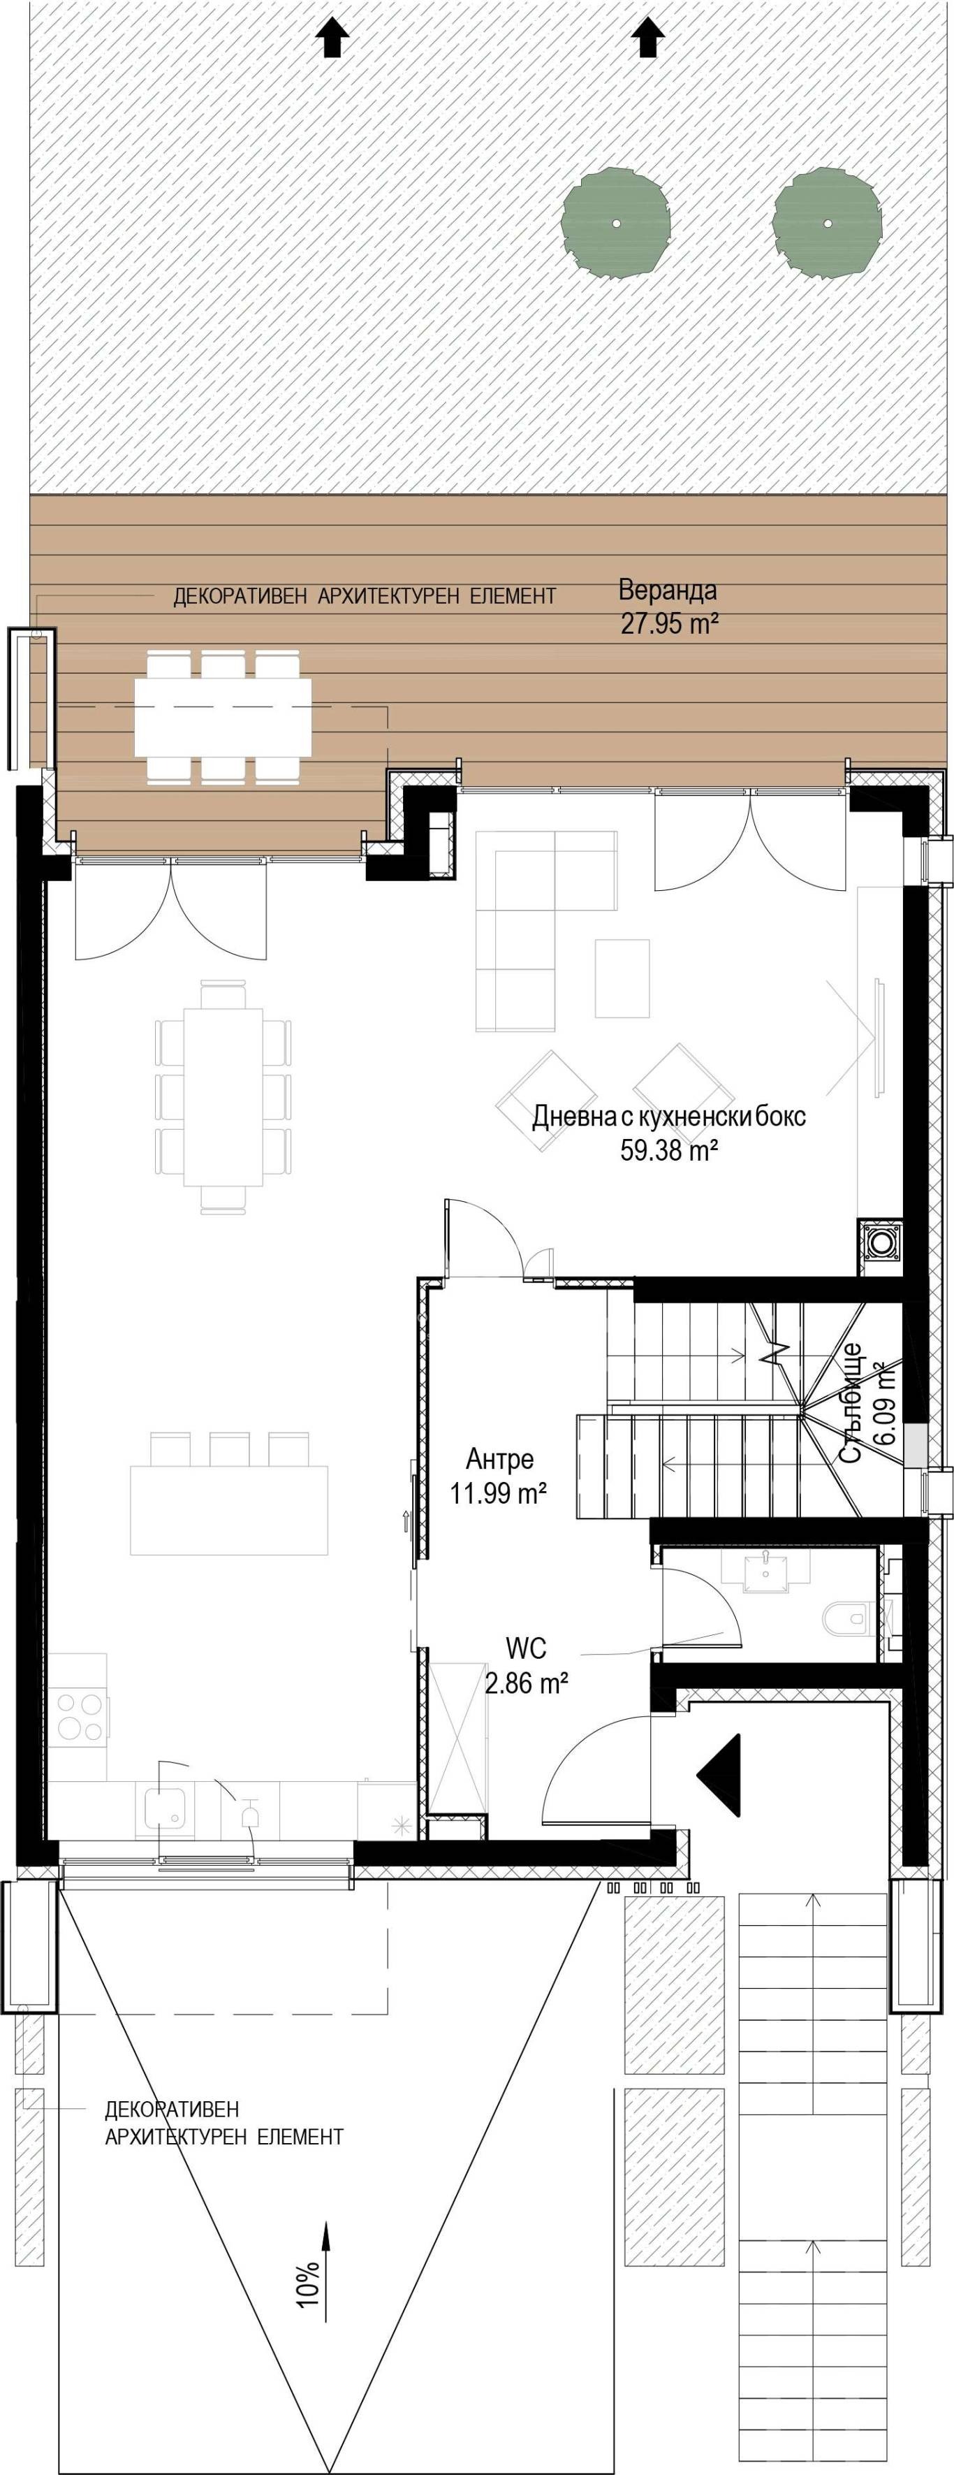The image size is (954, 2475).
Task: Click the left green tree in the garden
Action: [615, 223]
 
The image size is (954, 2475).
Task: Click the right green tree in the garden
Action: [827, 223]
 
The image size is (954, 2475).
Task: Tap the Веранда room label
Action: [668, 589]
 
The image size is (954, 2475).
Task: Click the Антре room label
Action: [499, 1458]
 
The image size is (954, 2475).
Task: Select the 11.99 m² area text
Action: [499, 1493]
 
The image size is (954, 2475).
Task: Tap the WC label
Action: [527, 1649]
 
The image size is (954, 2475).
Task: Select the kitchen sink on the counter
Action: [166, 1806]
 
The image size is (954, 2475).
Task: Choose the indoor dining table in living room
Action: [223, 1096]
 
